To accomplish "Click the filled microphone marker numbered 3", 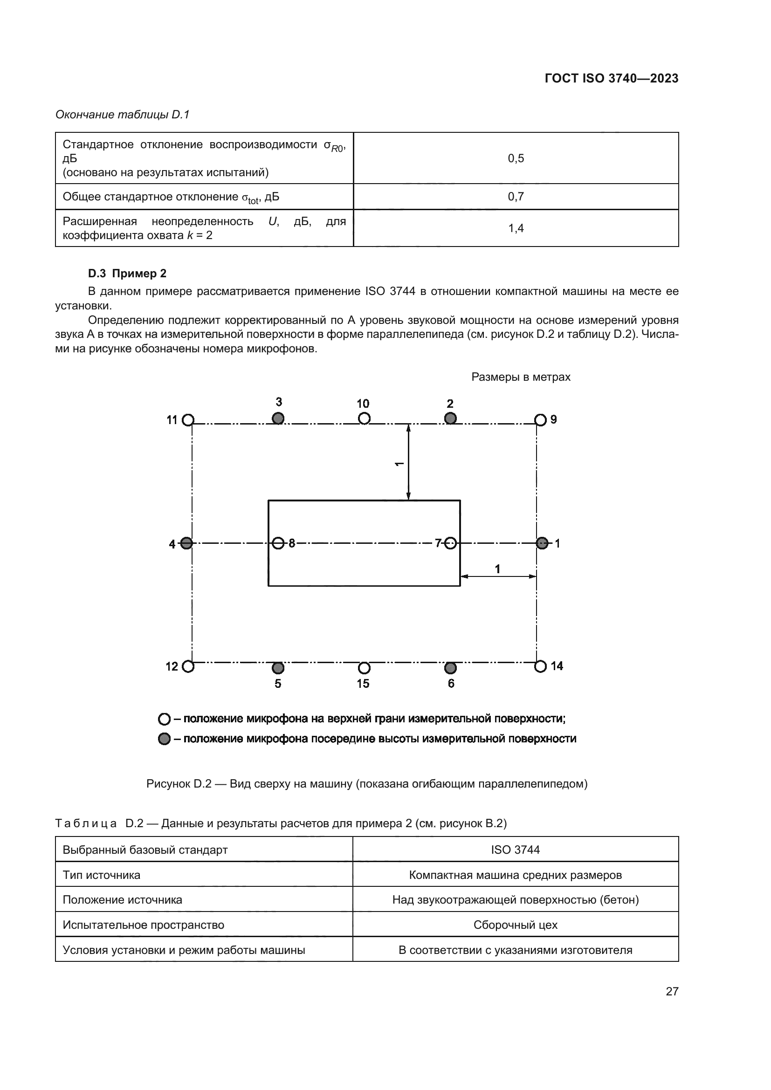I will (278, 418).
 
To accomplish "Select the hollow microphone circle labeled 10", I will (364, 418).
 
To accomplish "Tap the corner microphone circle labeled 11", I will (188, 420).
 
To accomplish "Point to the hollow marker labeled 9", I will (540, 420).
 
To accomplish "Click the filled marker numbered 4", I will (186, 543).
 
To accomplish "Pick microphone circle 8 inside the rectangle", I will (279, 542).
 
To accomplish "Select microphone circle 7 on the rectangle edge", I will (451, 542).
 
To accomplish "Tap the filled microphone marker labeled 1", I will (542, 543).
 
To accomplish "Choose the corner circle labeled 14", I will (540, 666).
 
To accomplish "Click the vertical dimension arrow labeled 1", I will (408, 462).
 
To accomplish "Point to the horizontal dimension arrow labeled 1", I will (498, 576).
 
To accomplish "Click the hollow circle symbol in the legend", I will (164, 719).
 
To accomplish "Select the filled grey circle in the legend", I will (164, 739).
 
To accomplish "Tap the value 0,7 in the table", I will (516, 197).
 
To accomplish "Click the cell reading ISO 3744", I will (515, 850).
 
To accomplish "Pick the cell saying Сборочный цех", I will (515, 925).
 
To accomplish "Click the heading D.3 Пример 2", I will (127, 274).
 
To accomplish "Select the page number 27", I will (672, 991).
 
